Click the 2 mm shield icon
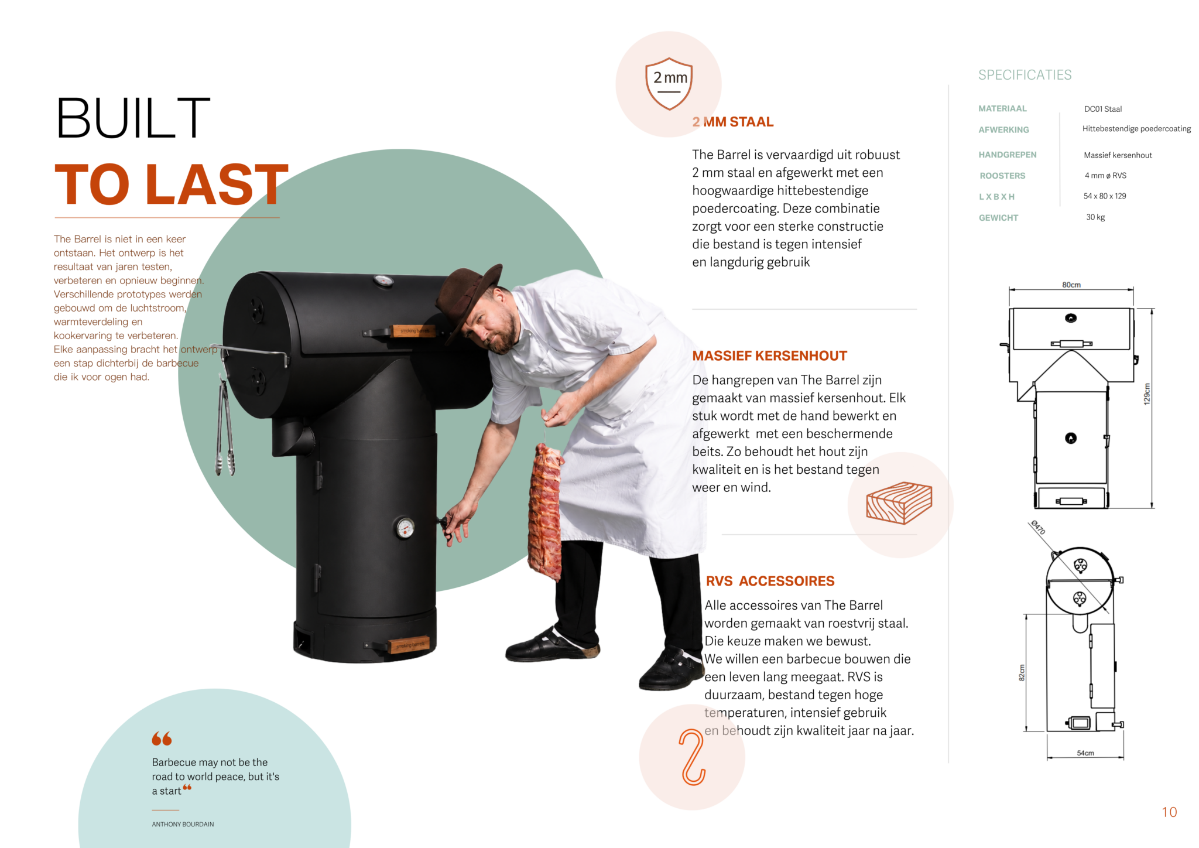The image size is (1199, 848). tap(669, 84)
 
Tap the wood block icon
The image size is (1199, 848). tap(899, 502)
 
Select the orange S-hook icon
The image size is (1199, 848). tap(693, 757)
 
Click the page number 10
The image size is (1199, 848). tap(1169, 812)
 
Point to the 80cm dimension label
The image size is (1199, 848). tap(1071, 285)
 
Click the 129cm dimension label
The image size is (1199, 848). tap(1147, 394)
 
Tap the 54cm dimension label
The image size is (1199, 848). tap(1085, 753)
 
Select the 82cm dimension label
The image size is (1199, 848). tap(1022, 673)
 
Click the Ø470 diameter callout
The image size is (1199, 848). tap(1038, 528)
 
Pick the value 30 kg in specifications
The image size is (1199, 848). tap(1095, 217)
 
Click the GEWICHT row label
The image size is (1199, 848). tap(998, 218)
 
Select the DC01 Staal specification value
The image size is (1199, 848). tap(1103, 109)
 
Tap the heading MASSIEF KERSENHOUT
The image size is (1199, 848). tap(769, 356)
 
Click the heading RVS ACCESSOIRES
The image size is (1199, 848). tap(770, 581)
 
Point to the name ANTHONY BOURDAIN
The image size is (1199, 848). tap(183, 824)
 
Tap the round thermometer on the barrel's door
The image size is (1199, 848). tap(405, 528)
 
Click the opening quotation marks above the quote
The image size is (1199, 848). tap(162, 738)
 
